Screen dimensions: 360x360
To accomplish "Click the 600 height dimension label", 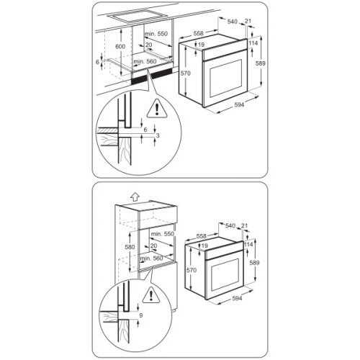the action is (120, 46).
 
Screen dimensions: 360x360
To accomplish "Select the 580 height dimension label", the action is (130, 247).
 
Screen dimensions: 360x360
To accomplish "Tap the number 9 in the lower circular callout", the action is (141, 315).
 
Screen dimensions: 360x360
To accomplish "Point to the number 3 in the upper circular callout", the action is (158, 135).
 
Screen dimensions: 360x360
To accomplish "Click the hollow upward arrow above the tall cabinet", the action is (135, 197).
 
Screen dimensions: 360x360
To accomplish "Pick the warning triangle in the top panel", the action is (157, 109).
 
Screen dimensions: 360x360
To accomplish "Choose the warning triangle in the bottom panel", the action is (151, 295).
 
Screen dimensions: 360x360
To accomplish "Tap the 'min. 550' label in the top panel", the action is (156, 34).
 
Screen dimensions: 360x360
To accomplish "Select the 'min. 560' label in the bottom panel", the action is (151, 258).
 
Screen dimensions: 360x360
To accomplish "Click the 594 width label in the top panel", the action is (239, 104).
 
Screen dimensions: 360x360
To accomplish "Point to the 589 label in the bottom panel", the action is (254, 263).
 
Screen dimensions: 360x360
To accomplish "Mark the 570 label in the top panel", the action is (186, 73).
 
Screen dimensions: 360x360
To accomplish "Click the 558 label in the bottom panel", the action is (201, 236).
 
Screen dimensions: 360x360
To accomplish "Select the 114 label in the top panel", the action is (253, 43).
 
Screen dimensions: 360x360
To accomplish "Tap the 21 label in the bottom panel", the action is (244, 225).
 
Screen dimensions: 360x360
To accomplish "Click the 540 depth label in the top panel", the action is (232, 22).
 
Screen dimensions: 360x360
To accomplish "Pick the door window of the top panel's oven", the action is (225, 78).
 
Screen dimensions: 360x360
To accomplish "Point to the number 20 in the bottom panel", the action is (153, 246).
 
